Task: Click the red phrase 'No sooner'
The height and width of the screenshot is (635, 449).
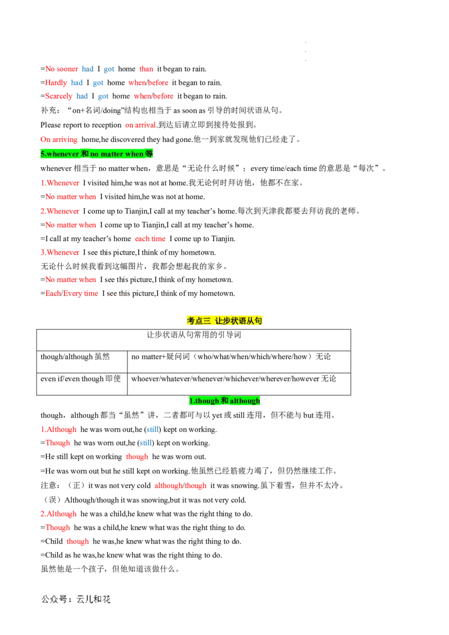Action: pyautogui.click(x=62, y=69)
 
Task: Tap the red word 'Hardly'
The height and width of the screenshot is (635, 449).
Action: pyautogui.click(x=56, y=82)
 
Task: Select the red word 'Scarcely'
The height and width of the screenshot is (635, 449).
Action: pyautogui.click(x=59, y=96)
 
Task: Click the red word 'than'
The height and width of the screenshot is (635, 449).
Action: pyautogui.click(x=146, y=69)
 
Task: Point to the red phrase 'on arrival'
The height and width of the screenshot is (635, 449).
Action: pyautogui.click(x=140, y=125)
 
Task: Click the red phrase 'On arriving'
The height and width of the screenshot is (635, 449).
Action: pyautogui.click(x=59, y=140)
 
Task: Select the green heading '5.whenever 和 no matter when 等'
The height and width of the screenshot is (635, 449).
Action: pyautogui.click(x=97, y=154)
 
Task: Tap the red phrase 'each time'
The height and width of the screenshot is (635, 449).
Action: pyautogui.click(x=150, y=239)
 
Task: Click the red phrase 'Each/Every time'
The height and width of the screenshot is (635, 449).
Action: pyautogui.click(x=72, y=293)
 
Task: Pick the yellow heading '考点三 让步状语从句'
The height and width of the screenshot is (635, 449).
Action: pyautogui.click(x=224, y=321)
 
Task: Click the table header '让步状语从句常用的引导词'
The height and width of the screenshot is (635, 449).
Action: pyautogui.click(x=194, y=335)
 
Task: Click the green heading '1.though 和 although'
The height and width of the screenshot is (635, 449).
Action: pyautogui.click(x=224, y=401)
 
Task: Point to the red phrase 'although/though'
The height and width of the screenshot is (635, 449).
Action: pyautogui.click(x=180, y=486)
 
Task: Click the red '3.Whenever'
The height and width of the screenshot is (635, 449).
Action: pyautogui.click(x=60, y=252)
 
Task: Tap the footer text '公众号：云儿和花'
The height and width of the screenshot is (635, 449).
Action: pyautogui.click(x=76, y=599)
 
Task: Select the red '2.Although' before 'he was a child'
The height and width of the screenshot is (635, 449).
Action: pyautogui.click(x=58, y=514)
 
